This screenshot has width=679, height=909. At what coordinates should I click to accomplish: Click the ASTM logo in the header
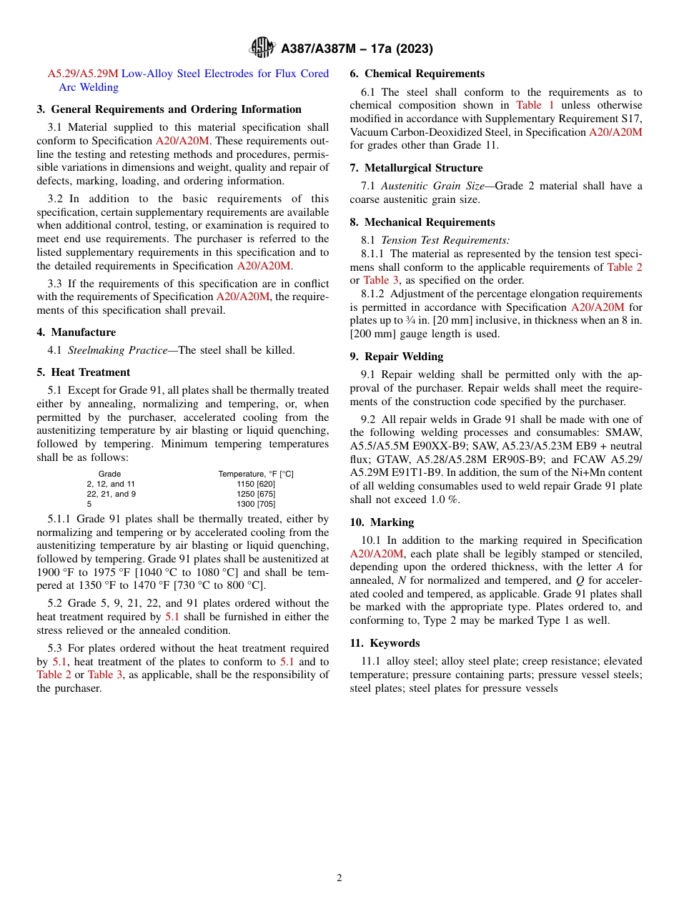tap(262, 48)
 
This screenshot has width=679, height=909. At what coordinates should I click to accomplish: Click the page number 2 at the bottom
tap(339, 878)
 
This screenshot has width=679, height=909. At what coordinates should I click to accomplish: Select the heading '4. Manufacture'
tap(76, 332)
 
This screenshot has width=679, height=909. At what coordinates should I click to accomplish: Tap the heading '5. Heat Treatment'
tap(83, 372)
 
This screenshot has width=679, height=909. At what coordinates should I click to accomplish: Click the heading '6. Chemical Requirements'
tap(417, 74)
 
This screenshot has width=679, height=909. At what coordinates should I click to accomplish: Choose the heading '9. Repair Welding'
tap(396, 357)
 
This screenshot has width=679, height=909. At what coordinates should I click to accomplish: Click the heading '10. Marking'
tap(382, 522)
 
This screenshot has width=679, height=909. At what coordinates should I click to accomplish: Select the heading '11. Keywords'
tap(385, 643)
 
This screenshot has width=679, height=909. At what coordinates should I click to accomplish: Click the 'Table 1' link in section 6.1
tap(535, 105)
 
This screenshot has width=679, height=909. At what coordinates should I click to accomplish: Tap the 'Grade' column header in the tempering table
tap(109, 474)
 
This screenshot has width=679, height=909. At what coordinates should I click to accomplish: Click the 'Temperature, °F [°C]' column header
tap(256, 474)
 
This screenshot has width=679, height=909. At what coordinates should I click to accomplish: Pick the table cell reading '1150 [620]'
tap(256, 484)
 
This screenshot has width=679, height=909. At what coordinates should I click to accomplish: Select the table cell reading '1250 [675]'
tap(256, 494)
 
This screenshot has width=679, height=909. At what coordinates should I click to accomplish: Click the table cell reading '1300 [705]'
tap(256, 504)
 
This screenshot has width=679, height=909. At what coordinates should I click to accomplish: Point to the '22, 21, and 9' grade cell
tap(111, 494)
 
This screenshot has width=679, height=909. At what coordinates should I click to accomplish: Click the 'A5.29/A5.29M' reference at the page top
tap(83, 74)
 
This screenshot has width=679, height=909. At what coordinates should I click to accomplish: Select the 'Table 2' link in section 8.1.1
tap(624, 267)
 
